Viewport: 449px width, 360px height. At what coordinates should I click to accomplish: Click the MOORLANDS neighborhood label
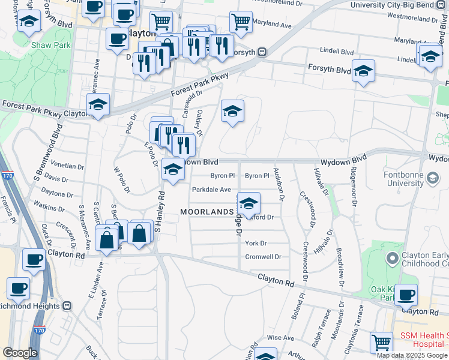[206, 212]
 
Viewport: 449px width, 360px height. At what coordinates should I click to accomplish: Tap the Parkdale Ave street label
[211, 190]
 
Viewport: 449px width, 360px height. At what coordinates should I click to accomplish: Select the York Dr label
[255, 243]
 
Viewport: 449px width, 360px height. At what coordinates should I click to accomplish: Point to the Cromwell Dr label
[263, 257]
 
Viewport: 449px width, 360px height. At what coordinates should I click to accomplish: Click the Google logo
[20, 353]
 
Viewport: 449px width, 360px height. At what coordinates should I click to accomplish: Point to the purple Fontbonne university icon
[432, 178]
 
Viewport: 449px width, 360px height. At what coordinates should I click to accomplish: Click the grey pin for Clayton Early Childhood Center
[393, 259]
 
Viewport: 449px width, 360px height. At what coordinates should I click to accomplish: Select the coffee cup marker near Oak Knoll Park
[406, 295]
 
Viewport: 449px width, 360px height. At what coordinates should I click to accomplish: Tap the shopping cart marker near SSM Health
[381, 343]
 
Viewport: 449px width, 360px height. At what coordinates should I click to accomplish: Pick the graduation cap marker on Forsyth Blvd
[363, 71]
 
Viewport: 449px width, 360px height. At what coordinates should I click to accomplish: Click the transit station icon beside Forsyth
[262, 52]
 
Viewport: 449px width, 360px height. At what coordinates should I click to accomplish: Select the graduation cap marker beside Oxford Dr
[248, 203]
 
